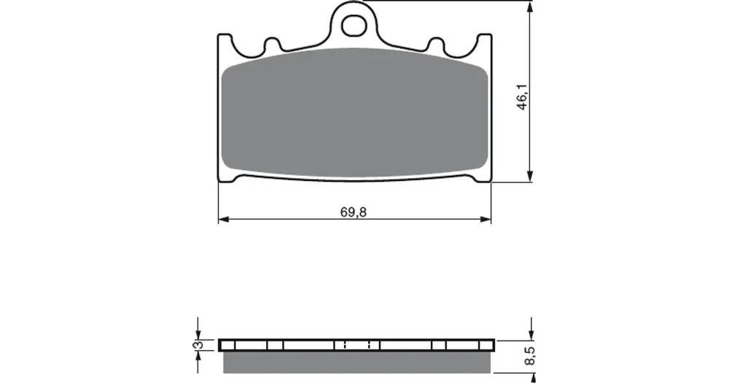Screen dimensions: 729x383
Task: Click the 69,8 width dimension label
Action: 354,212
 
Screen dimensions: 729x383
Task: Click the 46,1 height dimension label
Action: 522,97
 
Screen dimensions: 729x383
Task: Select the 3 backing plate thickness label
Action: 198,345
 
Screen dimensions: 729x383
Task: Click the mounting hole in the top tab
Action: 354,26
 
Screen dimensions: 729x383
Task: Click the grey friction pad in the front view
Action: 355,112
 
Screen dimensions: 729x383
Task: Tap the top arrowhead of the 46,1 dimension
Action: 530,7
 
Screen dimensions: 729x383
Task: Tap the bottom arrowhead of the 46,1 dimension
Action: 530,177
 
